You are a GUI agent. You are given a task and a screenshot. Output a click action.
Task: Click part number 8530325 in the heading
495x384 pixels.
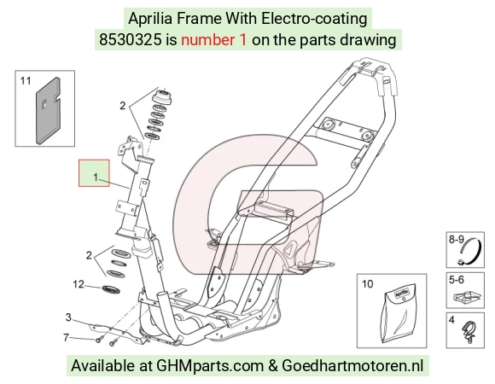pos(130,40)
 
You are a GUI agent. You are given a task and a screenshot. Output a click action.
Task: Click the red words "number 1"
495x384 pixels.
pos(213,40)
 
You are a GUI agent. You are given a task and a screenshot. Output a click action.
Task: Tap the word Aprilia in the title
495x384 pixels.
pos(150,19)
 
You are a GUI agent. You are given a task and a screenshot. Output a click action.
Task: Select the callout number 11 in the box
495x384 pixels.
pos(26,81)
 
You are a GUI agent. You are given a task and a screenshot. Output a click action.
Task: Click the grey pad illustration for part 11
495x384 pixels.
pos(48,110)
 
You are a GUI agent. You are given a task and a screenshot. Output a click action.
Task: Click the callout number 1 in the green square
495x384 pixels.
pos(96,177)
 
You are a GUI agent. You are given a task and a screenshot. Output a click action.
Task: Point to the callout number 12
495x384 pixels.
pos(79,285)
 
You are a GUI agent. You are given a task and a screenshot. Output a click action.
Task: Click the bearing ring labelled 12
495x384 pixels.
pos(110,289)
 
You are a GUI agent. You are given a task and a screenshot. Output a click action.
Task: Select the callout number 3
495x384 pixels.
pos(68,317)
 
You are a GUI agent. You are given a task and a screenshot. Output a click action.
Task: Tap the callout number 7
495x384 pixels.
pos(66,338)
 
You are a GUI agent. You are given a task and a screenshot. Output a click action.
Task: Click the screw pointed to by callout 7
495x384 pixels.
pos(99,340)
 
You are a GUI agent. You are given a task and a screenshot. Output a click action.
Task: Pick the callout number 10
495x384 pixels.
pos(368,284)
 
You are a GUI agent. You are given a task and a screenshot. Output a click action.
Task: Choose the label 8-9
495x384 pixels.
pos(457,240)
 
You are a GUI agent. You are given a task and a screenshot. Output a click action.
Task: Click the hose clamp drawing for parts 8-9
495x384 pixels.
pos(470,251)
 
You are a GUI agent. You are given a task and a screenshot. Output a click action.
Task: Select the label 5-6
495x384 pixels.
pos(457,280)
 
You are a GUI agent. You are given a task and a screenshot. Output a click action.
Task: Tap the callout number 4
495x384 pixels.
pos(451,320)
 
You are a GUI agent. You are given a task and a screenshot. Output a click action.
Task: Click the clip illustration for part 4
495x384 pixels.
pos(469,333)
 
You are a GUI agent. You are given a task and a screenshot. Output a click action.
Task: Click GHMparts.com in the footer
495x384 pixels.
pos(210,366)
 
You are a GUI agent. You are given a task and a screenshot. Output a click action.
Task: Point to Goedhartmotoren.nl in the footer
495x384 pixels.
pos(352,366)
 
